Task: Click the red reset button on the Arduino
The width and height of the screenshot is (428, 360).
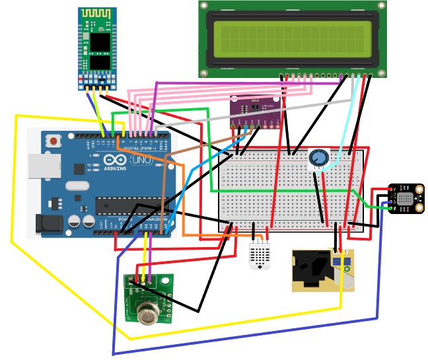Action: tap(53, 141)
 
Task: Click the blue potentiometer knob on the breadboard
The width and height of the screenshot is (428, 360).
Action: tap(318, 157)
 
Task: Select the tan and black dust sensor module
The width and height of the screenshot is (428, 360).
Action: tap(322, 270)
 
